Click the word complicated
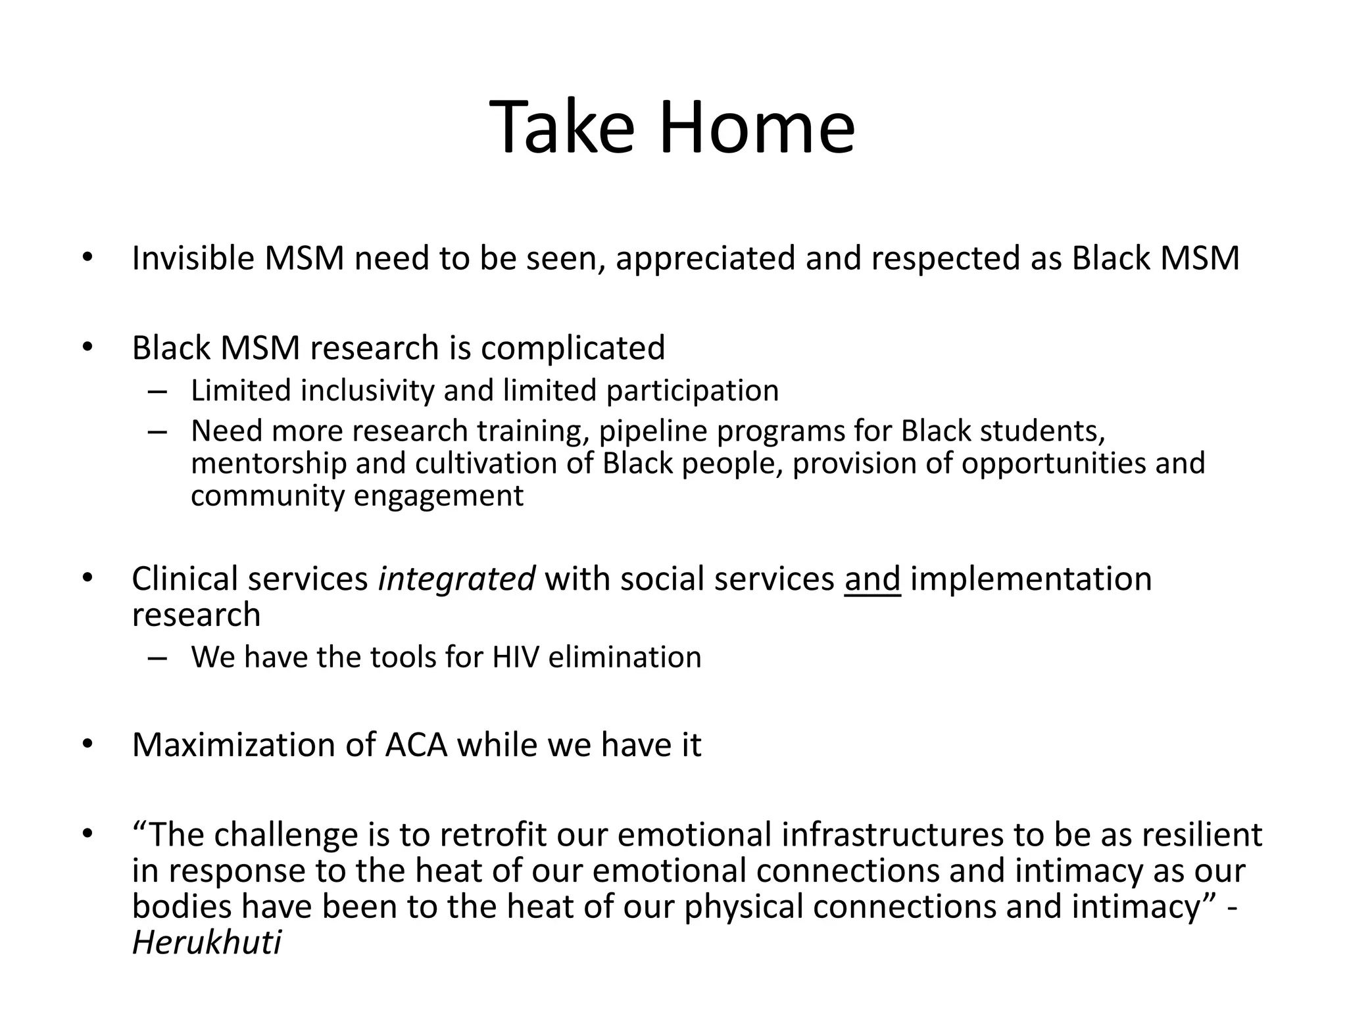pos(572,349)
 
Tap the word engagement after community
pos(439,496)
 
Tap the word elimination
pos(624,657)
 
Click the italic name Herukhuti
pos(207,943)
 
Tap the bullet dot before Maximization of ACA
pos(88,745)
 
